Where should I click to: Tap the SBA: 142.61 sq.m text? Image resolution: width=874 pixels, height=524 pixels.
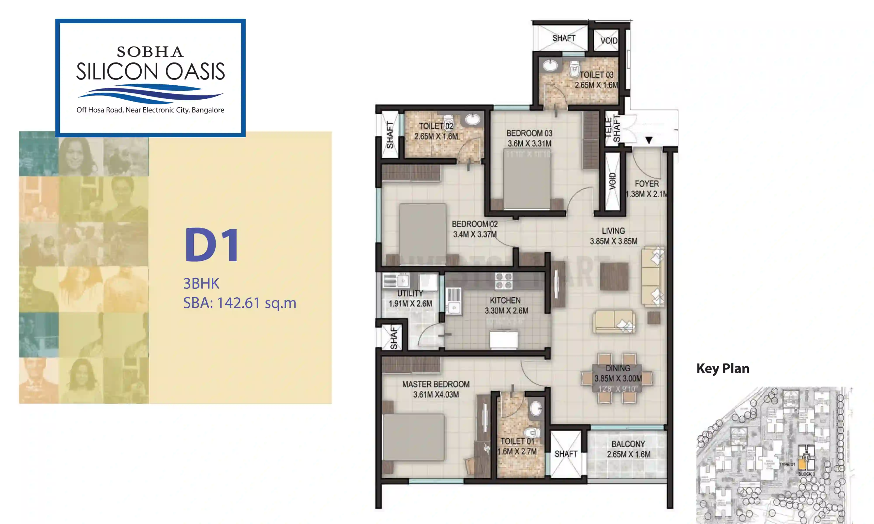[239, 303]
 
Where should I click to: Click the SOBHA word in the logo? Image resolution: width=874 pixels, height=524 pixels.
[150, 52]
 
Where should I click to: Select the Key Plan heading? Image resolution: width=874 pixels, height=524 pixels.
[722, 369]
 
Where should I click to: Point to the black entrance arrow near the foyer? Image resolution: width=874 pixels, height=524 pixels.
[649, 140]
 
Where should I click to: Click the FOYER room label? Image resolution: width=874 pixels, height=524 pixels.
[647, 184]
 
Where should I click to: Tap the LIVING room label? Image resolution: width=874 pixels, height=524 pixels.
[613, 231]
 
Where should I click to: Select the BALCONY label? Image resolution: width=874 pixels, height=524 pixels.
[628, 444]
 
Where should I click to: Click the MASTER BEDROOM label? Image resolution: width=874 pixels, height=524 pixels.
[436, 384]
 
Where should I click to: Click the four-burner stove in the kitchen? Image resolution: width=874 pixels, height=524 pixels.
[503, 281]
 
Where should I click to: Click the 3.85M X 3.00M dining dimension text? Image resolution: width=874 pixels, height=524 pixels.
[618, 379]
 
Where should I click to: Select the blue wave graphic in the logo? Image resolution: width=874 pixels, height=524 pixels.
[150, 93]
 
